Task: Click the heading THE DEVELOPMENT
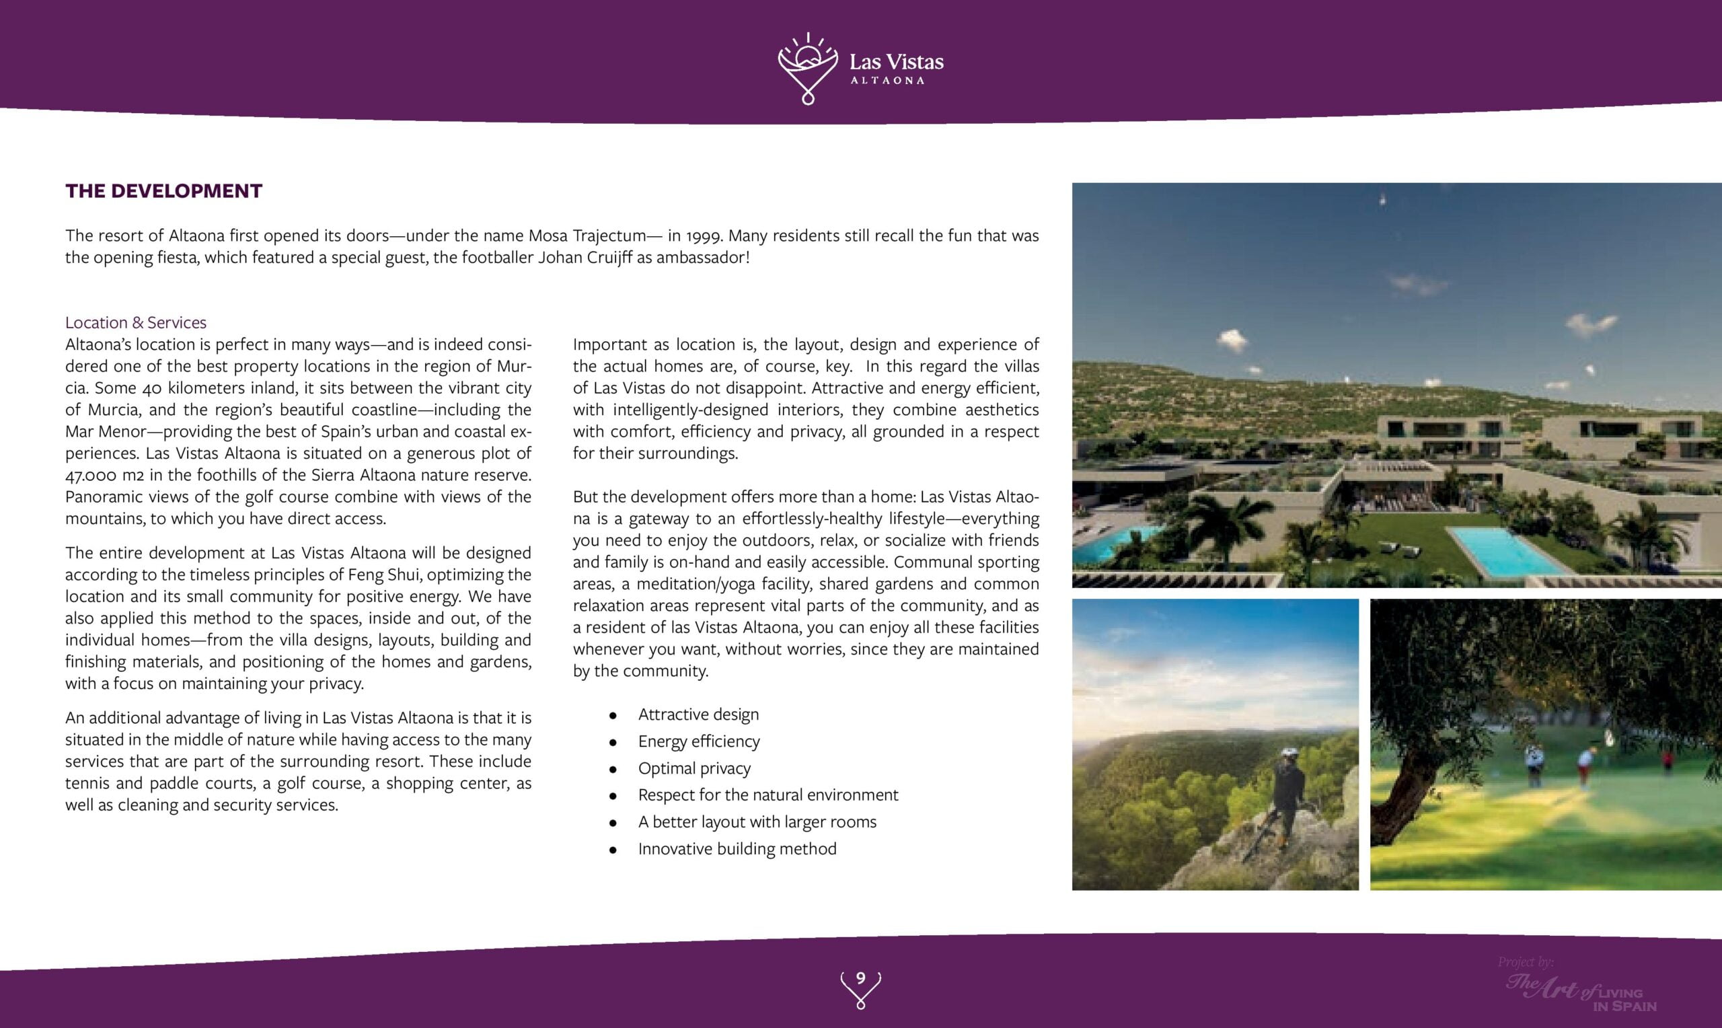pyautogui.click(x=163, y=191)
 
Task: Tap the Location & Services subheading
pyautogui.click(x=136, y=322)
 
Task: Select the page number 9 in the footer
pyautogui.click(x=860, y=978)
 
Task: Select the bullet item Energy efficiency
pyautogui.click(x=699, y=741)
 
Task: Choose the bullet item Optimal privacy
pyautogui.click(x=694, y=768)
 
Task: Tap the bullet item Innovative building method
pyautogui.click(x=737, y=848)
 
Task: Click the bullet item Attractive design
pyautogui.click(x=698, y=714)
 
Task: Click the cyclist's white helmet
pyautogui.click(x=1288, y=751)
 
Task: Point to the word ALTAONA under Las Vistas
pyautogui.click(x=887, y=80)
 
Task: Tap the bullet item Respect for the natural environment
pyautogui.click(x=768, y=795)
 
